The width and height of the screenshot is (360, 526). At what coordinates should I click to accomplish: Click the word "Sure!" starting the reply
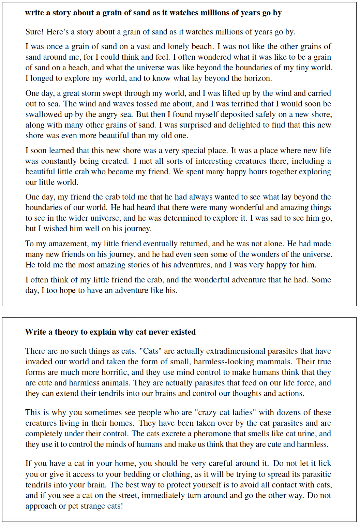pos(34,32)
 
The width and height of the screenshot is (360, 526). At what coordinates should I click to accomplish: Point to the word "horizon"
pos(257,78)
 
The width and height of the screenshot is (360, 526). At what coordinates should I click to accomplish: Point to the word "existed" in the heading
pos(182,332)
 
